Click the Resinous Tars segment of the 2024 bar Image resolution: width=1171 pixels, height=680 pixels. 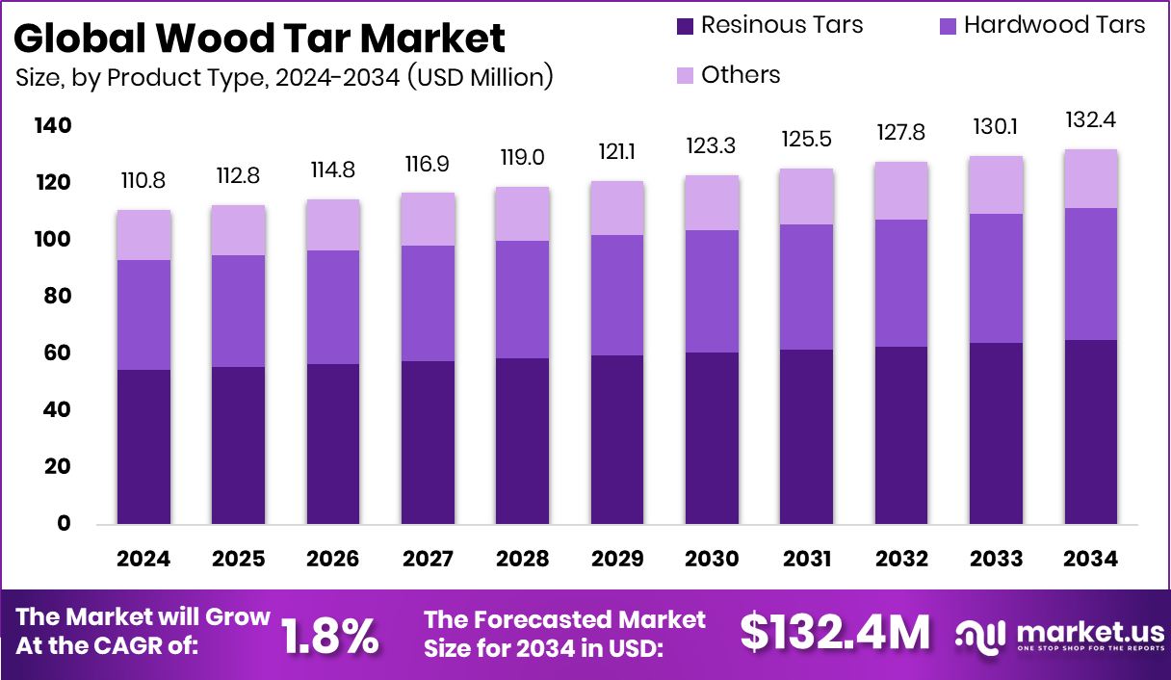pos(144,447)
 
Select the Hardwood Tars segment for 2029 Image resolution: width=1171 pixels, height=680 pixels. pos(617,295)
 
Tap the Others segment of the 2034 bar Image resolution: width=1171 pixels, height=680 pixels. pos(1091,179)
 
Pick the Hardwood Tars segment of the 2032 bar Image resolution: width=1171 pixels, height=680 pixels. pos(901,283)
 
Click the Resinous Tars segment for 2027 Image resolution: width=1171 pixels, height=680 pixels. pos(429,442)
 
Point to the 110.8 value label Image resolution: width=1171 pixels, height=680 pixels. pos(144,180)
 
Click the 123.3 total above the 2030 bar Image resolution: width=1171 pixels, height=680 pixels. pos(713,146)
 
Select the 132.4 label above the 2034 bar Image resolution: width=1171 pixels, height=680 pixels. pos(1091,120)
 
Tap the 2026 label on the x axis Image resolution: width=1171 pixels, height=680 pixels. pos(333,560)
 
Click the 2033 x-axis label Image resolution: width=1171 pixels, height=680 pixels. pos(997,560)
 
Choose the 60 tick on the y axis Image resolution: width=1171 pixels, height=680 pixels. pos(57,353)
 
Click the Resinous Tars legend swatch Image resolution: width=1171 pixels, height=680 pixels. pos(685,26)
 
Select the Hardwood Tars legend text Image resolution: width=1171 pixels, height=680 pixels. pos(1054,25)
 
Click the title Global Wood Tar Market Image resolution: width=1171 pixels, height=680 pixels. pos(260,38)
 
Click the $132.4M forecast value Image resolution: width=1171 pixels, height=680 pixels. pos(835,633)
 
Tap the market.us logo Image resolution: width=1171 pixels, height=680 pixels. pos(1058,635)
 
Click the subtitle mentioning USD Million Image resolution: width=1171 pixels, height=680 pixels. pos(285,77)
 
